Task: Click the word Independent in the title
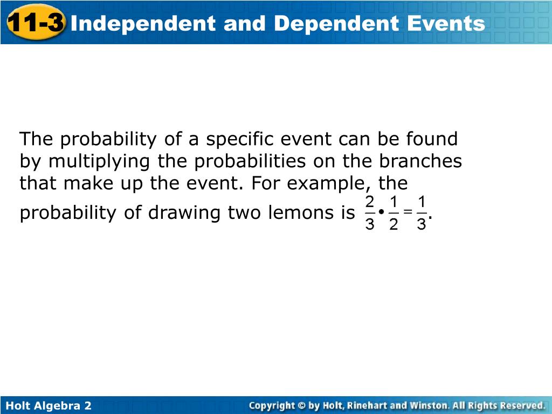[143, 24]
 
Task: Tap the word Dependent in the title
[336, 24]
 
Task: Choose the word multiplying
[99, 162]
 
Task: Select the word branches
[420, 161]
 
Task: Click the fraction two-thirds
[370, 213]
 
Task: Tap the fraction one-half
[394, 213]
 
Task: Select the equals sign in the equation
[408, 211]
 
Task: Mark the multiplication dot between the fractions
[382, 212]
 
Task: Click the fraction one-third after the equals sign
[422, 213]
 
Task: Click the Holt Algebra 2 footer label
[49, 405]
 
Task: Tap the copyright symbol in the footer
[301, 405]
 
